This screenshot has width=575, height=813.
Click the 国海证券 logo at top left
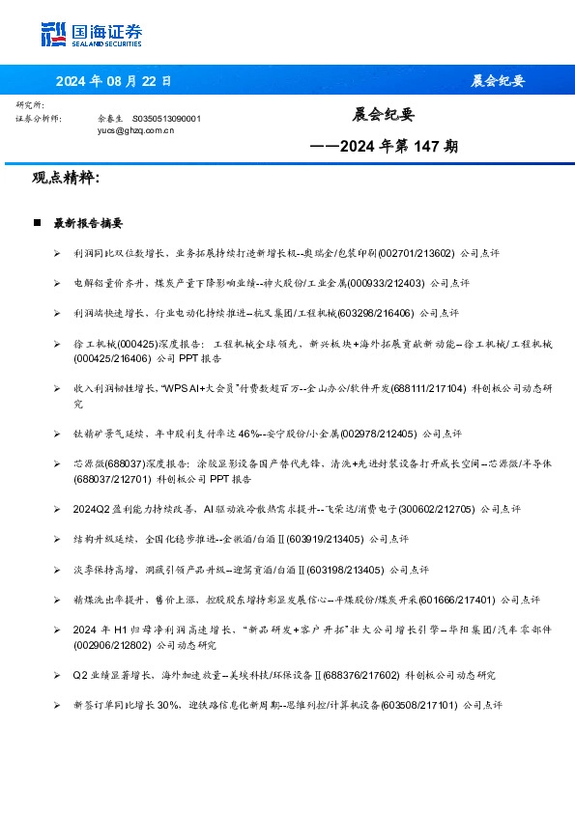tap(92, 34)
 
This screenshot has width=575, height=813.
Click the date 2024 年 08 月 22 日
tap(114, 81)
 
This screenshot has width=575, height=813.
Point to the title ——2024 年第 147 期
tap(384, 148)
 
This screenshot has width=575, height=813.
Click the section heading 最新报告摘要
tap(88, 223)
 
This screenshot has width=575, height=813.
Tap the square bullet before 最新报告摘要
tap(37, 223)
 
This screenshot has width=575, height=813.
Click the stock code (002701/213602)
tap(416, 252)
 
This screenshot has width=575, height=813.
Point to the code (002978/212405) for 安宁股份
tap(371, 433)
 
